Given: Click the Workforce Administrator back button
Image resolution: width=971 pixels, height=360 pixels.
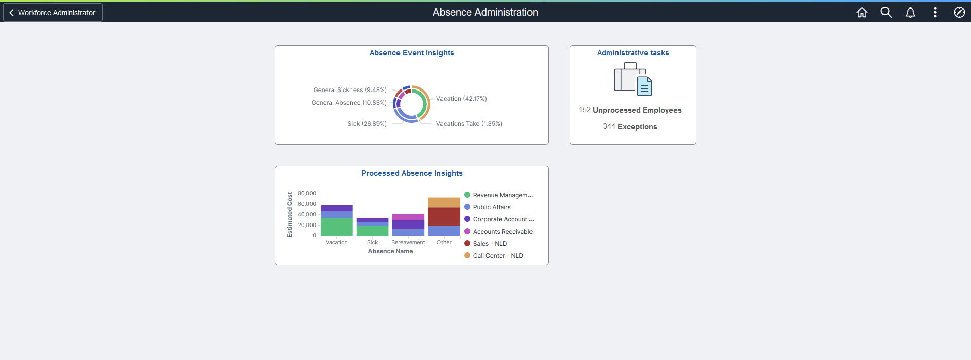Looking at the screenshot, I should (x=53, y=13).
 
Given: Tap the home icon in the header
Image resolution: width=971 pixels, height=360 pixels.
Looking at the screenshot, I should (x=862, y=13).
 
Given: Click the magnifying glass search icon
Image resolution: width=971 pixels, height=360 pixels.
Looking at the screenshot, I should (x=886, y=13).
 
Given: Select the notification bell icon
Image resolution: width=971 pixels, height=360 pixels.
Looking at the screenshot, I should (x=910, y=13).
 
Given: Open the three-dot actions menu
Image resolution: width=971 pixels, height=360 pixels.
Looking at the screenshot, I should (x=935, y=13).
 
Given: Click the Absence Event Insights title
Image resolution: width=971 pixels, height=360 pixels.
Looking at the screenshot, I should (x=412, y=53).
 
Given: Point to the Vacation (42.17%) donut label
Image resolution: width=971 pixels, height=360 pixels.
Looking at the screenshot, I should (x=461, y=99).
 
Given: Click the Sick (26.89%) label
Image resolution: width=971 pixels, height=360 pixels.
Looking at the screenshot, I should (x=367, y=124).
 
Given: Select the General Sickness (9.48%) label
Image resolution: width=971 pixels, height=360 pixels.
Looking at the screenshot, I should (x=350, y=90).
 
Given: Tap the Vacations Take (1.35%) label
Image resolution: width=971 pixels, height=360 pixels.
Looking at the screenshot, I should (x=469, y=124).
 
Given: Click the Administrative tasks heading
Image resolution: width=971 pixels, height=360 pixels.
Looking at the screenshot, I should (x=633, y=53).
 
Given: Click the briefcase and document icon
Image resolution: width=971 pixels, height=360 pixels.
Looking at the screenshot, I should (x=633, y=79).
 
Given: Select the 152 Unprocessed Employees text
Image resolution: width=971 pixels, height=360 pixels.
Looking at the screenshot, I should (x=630, y=110).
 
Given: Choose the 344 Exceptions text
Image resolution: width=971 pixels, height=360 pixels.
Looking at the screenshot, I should (x=630, y=127).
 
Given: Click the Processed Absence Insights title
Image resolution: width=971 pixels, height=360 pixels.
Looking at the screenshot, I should (x=412, y=173).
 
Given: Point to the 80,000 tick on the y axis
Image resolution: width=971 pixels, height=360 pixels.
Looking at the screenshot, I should (x=307, y=194).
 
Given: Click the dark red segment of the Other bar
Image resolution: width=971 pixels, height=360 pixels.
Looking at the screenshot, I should (x=444, y=217).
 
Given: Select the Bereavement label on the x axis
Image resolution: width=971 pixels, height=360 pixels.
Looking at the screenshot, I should (x=408, y=243).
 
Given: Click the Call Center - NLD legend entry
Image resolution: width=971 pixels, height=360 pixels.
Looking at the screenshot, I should (x=498, y=256).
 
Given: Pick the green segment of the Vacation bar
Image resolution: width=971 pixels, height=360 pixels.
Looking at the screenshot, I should (x=336, y=227).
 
